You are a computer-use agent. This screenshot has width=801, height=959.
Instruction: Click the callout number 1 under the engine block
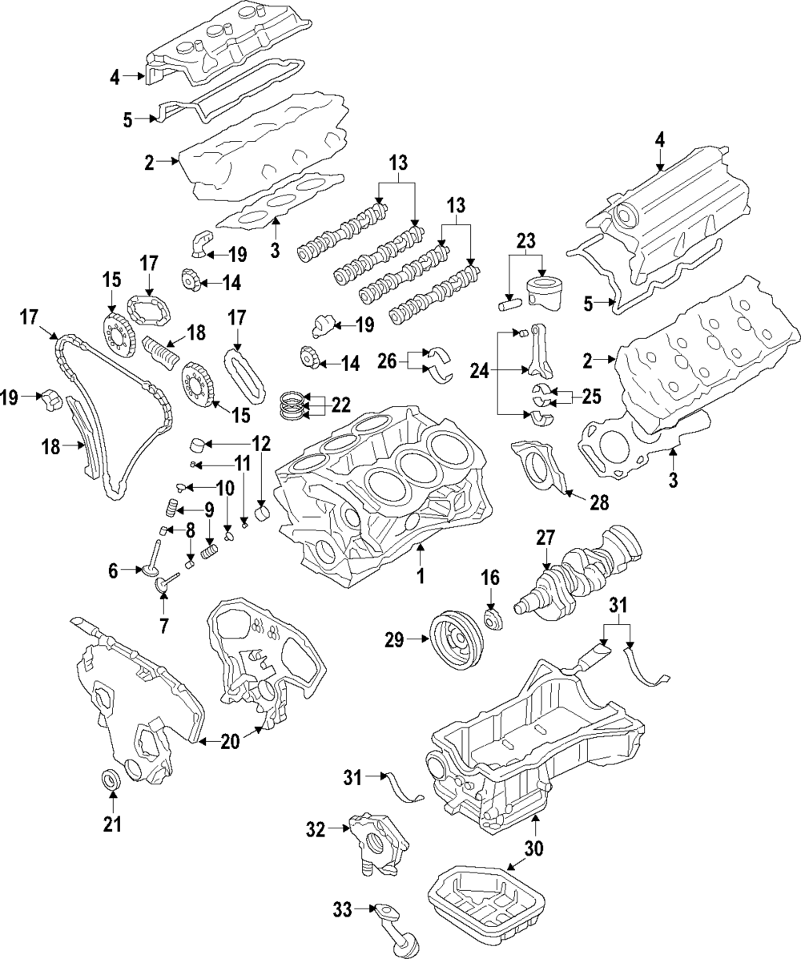click(421, 575)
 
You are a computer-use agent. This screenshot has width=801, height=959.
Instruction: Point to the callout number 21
click(113, 824)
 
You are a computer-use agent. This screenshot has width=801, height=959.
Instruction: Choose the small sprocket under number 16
click(493, 622)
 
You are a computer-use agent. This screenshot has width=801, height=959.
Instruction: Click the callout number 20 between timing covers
click(229, 742)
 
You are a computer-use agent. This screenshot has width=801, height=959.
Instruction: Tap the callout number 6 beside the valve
click(114, 570)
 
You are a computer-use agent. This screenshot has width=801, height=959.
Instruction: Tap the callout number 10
click(225, 486)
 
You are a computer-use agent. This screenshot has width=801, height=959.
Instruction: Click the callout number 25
click(591, 396)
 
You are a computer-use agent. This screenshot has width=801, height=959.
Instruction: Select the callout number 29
click(394, 639)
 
